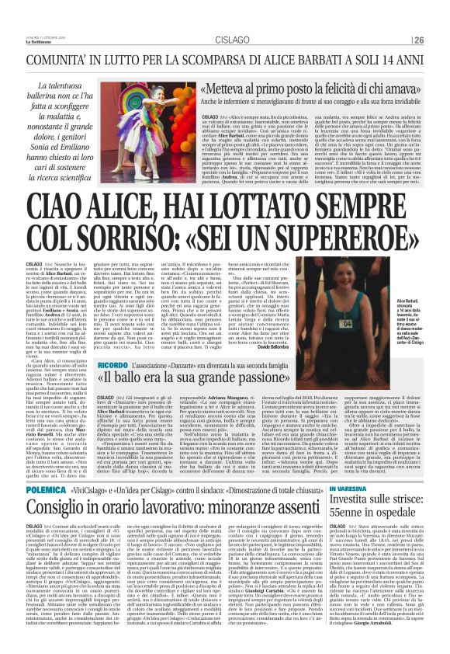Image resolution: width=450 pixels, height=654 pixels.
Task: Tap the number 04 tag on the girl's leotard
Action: [x=389, y=322]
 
